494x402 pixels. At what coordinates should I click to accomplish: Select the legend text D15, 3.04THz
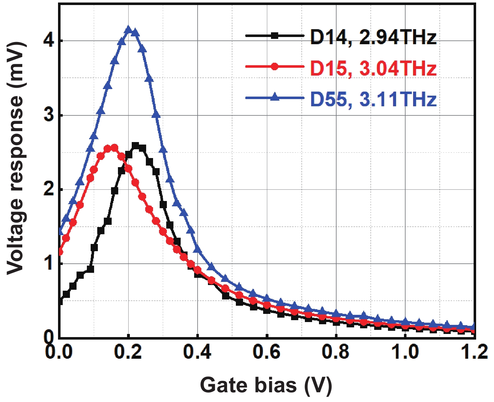tap(373, 68)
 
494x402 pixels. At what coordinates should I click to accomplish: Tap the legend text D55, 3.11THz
tap(373, 99)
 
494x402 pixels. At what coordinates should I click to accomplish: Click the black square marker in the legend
tap(275, 36)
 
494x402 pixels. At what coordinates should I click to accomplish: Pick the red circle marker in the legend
tap(275, 66)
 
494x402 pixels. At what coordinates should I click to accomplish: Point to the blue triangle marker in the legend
tap(275, 97)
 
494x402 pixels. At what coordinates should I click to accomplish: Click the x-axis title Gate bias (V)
tap(266, 385)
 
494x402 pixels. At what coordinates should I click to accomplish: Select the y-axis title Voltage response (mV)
tap(16, 158)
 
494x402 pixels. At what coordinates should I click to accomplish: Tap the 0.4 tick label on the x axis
tap(197, 352)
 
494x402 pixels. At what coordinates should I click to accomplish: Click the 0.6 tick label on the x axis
tap(267, 352)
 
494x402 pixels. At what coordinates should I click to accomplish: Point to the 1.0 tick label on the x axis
tap(405, 352)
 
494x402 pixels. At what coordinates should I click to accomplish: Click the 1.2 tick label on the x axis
tap(474, 352)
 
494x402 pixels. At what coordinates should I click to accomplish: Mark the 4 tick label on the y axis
tap(49, 41)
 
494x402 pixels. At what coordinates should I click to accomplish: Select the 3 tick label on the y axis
tap(49, 115)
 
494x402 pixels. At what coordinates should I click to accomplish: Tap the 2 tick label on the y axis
tap(49, 190)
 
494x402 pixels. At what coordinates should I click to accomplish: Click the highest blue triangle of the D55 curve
tap(128, 30)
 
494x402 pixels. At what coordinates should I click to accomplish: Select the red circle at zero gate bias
tap(60, 252)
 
